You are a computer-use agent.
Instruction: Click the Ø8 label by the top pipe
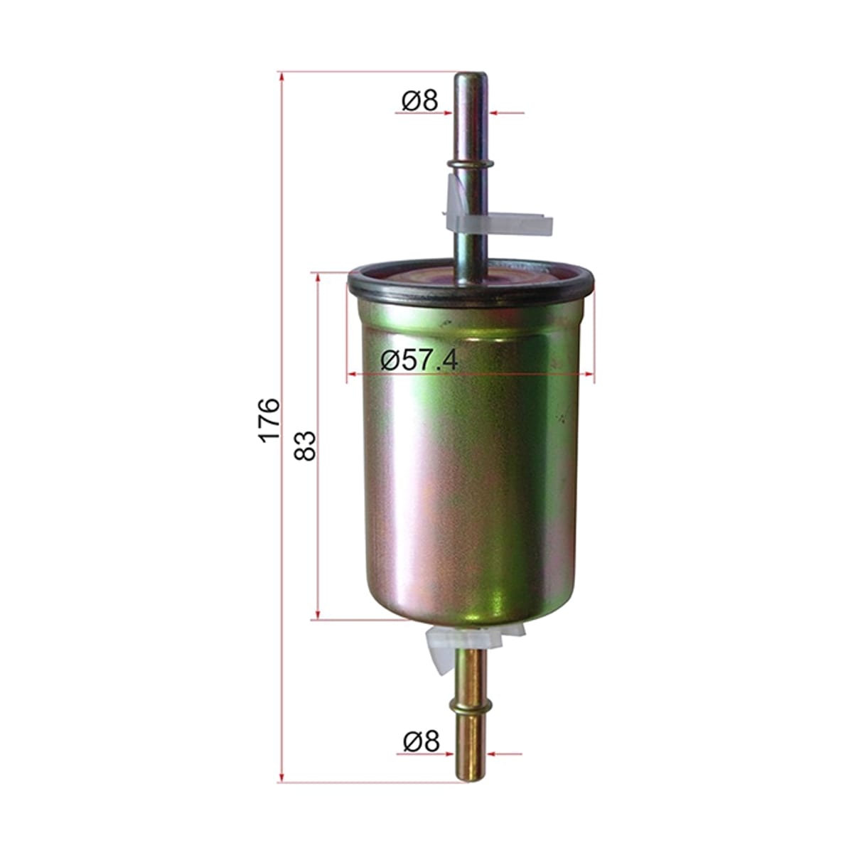point(419,100)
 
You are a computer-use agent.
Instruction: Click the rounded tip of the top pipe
point(471,75)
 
